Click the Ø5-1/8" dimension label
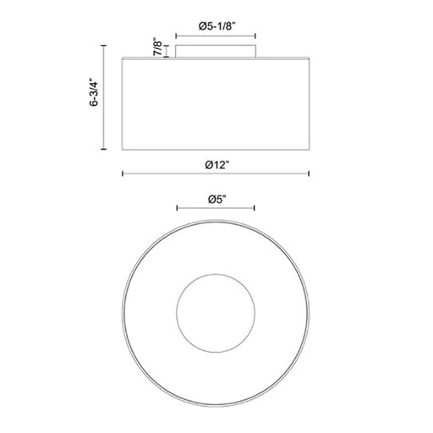point(216,26)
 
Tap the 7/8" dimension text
point(158,47)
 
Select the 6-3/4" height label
point(94,92)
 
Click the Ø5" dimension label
point(217,200)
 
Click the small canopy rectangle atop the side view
point(216,51)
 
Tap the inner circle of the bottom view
point(216,313)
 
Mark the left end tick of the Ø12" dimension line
point(123,173)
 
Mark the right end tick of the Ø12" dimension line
point(310,173)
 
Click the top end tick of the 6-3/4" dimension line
point(104,46)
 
